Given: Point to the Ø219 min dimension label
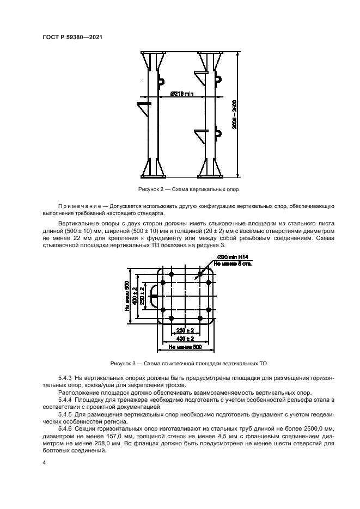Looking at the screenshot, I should (x=181, y=93).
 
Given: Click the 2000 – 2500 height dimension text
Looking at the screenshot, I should (x=234, y=115).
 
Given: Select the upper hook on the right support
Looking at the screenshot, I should (x=217, y=80).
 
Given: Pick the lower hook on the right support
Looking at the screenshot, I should (x=217, y=132).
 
